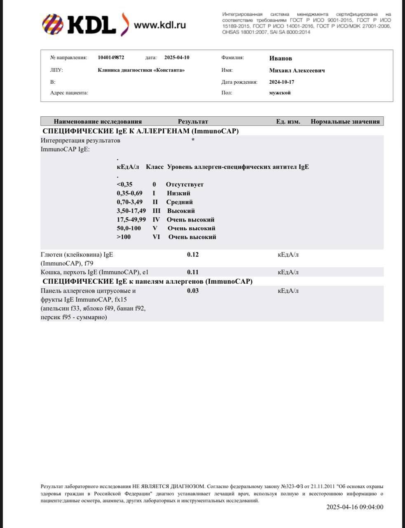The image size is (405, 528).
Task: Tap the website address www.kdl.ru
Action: pos(160,25)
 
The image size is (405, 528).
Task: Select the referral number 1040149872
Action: pos(111,58)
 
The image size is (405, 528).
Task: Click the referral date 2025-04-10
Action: pos(177,58)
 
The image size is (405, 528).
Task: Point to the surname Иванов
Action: pos(281,59)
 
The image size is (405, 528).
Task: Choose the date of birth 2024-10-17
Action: pos(282,82)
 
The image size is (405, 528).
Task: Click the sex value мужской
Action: pos(280,93)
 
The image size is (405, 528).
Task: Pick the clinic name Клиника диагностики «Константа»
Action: pos(141,70)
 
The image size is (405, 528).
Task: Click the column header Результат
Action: pos(193,122)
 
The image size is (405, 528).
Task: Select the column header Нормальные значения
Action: pos(345,122)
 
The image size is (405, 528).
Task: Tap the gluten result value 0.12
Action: pos(193,255)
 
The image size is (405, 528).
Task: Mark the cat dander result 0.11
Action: pos(193,272)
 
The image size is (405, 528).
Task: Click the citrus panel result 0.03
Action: pos(193,291)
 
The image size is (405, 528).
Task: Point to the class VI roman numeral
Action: pos(156,237)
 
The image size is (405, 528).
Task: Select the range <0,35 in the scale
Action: pos(124,185)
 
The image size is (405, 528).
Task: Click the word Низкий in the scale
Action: pos(178,193)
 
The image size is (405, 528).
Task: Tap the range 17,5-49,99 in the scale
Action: pos(131,220)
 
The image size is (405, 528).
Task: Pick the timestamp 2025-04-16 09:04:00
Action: pos(355,507)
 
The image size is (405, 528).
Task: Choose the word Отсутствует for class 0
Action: pos(185,185)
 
